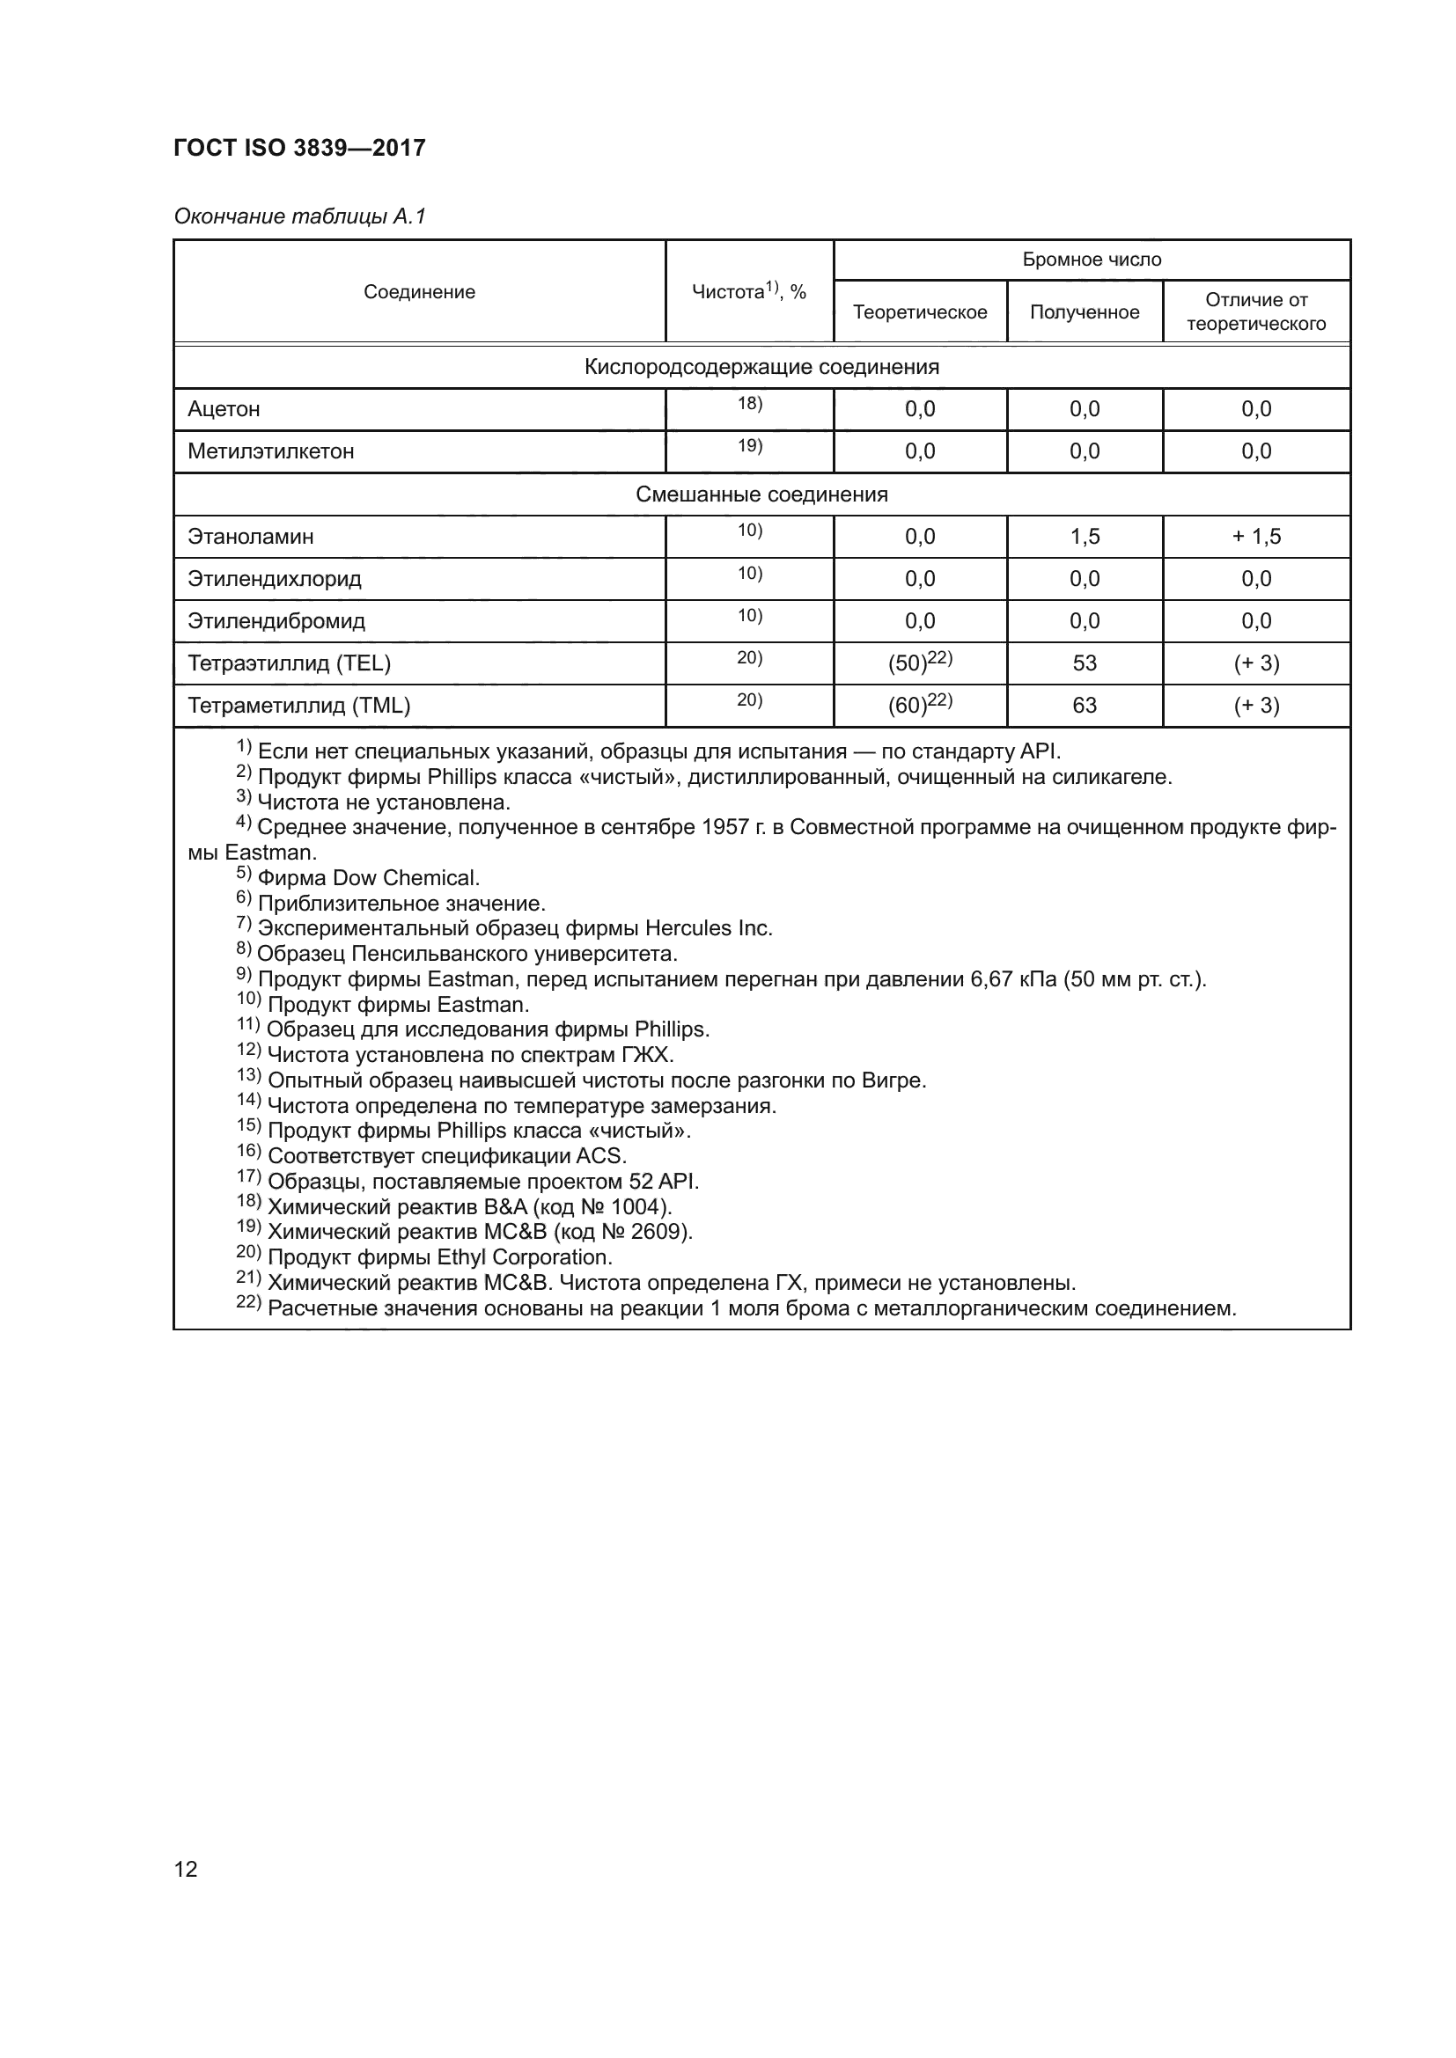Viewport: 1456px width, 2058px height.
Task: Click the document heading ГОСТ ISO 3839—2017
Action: pyautogui.click(x=299, y=148)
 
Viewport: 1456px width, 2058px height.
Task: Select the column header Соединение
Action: pyautogui.click(x=419, y=292)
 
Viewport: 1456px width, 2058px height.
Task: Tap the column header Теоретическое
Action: pyautogui.click(x=920, y=312)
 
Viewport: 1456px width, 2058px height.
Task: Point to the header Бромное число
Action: pyautogui.click(x=1091, y=260)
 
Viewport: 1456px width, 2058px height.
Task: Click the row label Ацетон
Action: pyautogui.click(x=224, y=410)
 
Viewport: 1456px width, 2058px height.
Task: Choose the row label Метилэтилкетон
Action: pyautogui.click(x=271, y=451)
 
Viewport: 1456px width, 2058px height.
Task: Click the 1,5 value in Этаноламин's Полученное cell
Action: pyautogui.click(x=1084, y=537)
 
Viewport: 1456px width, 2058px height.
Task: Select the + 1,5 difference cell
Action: pyautogui.click(x=1256, y=537)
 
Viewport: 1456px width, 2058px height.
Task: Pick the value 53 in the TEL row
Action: pyautogui.click(x=1084, y=663)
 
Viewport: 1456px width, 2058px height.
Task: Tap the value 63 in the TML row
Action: pyautogui.click(x=1084, y=706)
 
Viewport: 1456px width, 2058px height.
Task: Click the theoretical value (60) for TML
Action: pyautogui.click(x=908, y=707)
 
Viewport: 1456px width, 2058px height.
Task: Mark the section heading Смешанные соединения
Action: pyautogui.click(x=761, y=494)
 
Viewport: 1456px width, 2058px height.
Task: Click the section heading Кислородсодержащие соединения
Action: pyautogui.click(x=761, y=367)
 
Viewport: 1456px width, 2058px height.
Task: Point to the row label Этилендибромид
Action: pyautogui.click(x=276, y=621)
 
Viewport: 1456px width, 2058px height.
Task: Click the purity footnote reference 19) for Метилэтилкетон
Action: pyautogui.click(x=749, y=445)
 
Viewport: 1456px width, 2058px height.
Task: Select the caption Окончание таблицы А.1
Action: pyautogui.click(x=299, y=216)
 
